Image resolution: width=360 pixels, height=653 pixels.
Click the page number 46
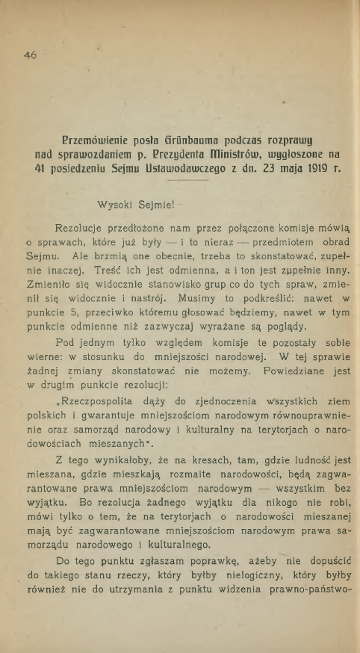click(x=30, y=55)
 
